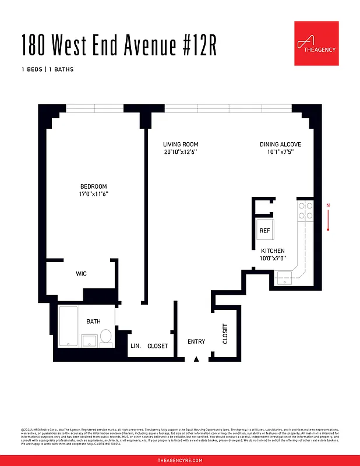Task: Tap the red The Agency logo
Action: (316, 43)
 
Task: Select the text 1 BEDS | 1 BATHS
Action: (47, 70)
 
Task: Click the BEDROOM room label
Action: (93, 186)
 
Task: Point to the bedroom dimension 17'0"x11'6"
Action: (93, 194)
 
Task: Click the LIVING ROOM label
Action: (181, 144)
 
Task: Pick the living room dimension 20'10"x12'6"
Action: (181, 152)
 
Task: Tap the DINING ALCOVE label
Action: (280, 144)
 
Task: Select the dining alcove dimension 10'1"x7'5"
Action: (280, 152)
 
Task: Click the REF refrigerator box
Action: (264, 230)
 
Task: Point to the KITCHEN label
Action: (273, 251)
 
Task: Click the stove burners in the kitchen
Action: (306, 211)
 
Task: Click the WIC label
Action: (82, 274)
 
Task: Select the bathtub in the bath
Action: (68, 326)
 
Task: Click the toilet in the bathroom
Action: (106, 337)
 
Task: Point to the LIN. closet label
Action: (135, 346)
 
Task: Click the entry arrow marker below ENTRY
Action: (196, 359)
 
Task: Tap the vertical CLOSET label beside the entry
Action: (225, 334)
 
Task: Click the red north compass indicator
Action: (329, 217)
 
